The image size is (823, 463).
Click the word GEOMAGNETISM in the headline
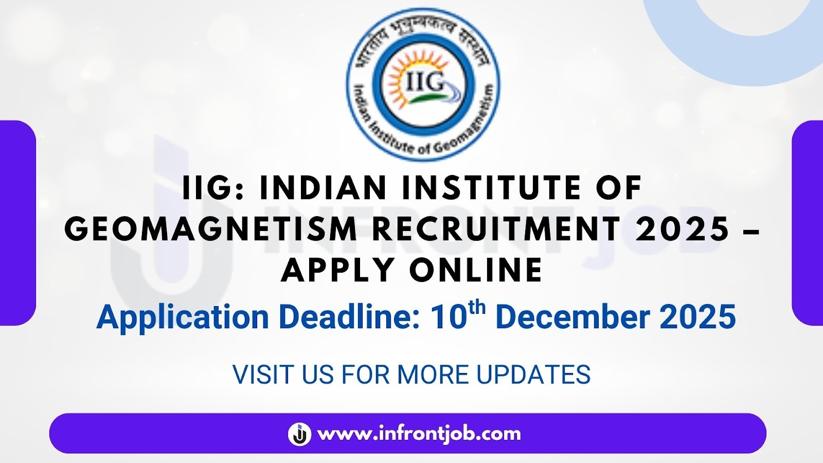[210, 229]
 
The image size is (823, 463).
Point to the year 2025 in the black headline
[683, 229]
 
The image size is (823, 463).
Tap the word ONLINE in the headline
[476, 270]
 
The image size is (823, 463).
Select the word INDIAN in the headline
[323, 188]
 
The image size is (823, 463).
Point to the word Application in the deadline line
[182, 317]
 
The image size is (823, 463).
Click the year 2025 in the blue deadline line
[697, 317]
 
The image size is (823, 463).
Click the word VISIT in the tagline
[263, 375]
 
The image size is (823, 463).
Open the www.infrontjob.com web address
[419, 434]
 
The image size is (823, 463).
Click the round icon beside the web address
[299, 434]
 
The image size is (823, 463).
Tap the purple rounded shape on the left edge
[17, 223]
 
